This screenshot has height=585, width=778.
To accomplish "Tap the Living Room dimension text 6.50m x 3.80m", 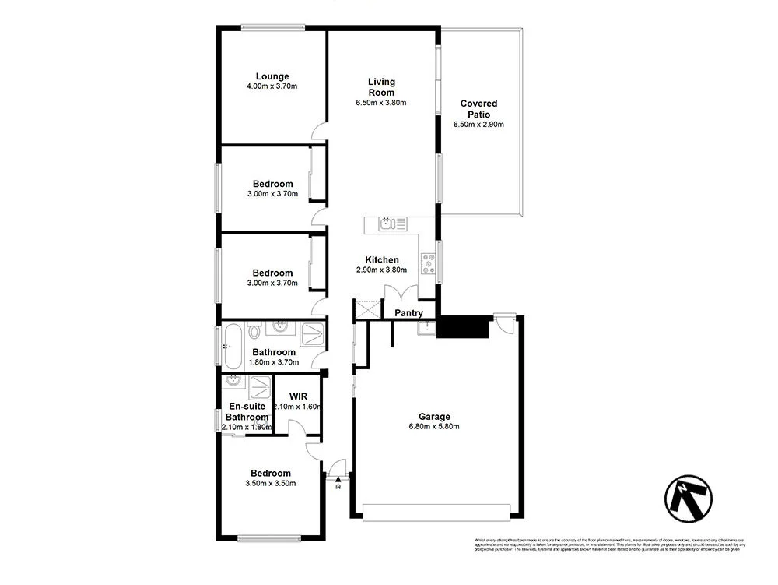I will tap(381, 103).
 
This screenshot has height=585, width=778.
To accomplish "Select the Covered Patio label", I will tap(478, 108).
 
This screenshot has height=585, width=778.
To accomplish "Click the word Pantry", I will tap(408, 313).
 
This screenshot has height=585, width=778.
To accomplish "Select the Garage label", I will tap(434, 416).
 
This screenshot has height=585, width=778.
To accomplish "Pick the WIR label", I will tap(298, 396).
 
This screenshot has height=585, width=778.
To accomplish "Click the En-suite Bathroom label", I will tap(247, 411).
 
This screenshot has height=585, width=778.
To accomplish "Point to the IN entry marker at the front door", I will tap(338, 488).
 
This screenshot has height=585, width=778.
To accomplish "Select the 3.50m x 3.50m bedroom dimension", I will tap(270, 484).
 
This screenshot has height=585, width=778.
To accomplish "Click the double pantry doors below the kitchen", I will tap(401, 294).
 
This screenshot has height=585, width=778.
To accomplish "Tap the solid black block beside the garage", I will tap(462, 327).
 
